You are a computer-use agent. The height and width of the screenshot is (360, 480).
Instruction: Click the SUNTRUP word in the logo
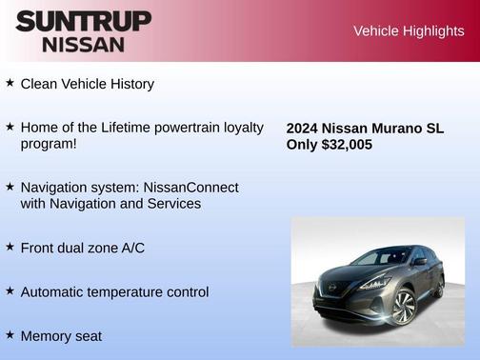click(83, 22)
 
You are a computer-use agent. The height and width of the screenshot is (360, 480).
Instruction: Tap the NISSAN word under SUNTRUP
click(83, 44)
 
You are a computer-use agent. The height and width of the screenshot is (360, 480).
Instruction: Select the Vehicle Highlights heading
click(409, 31)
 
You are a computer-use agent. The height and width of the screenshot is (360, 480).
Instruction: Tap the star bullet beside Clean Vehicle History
click(10, 83)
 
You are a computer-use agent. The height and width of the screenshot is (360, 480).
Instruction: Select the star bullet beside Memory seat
click(10, 334)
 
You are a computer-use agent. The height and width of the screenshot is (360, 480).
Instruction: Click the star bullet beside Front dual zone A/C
click(10, 247)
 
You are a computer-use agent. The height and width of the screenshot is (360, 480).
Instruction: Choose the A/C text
click(130, 248)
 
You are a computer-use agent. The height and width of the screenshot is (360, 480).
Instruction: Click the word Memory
click(46, 335)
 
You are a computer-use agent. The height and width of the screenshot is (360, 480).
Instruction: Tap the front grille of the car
click(339, 290)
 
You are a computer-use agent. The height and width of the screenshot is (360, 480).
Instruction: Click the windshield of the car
click(380, 257)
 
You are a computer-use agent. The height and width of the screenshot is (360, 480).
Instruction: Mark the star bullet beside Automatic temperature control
click(10, 290)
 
